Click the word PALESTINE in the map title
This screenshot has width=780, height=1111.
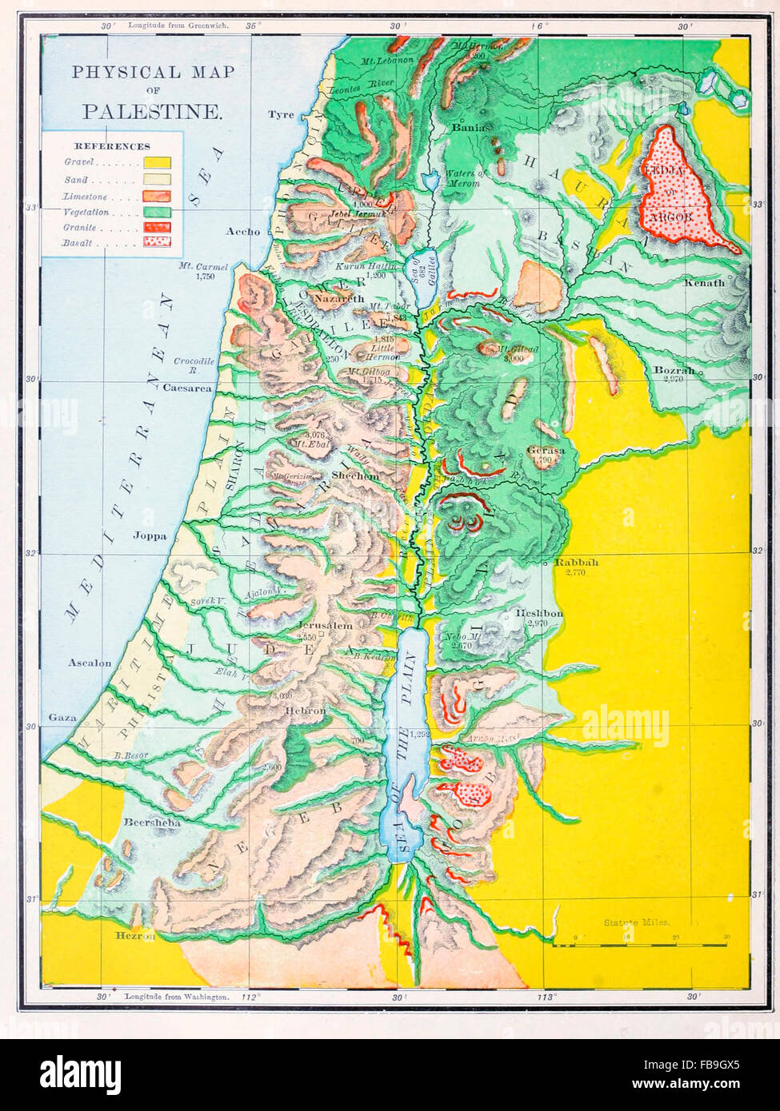click(152, 111)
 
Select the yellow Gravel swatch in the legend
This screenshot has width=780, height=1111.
click(158, 162)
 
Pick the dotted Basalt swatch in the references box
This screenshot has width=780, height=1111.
click(158, 241)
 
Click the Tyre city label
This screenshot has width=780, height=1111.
click(281, 114)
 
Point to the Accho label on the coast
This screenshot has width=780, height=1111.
click(243, 232)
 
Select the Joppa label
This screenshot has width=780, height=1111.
click(150, 536)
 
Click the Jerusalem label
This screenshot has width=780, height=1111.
click(324, 626)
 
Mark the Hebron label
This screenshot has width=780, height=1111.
click(306, 711)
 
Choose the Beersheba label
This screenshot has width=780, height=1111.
click(151, 822)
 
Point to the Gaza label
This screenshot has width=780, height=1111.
click(62, 718)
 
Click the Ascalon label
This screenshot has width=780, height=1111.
click(89, 663)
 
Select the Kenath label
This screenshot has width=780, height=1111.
click(704, 283)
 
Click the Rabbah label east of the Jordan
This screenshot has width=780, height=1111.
click(576, 563)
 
